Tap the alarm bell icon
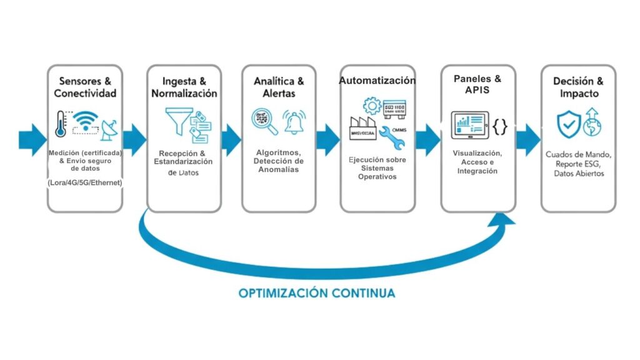[293, 122]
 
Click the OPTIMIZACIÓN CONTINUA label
[316, 292]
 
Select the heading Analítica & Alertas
[279, 87]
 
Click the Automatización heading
[377, 81]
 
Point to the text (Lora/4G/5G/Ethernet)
[85, 182]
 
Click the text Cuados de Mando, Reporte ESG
[579, 159]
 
